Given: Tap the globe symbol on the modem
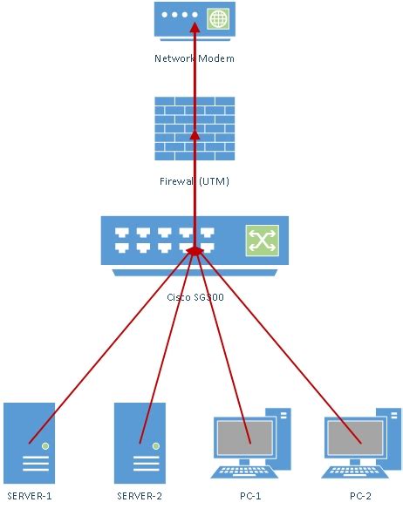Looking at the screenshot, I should pyautogui.click(x=217, y=17).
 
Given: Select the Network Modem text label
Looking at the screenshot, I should pyautogui.click(x=195, y=58).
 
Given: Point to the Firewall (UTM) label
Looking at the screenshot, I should pyautogui.click(x=195, y=181).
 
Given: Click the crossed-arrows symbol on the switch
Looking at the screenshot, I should pyautogui.click(x=258, y=241).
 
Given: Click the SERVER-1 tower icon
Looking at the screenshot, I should pyautogui.click(x=29, y=442).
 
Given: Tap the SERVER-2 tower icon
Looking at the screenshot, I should pyautogui.click(x=140, y=442).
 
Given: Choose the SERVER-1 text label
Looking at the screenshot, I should pyautogui.click(x=29, y=497).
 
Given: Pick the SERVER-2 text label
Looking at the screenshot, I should pyautogui.click(x=140, y=497).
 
